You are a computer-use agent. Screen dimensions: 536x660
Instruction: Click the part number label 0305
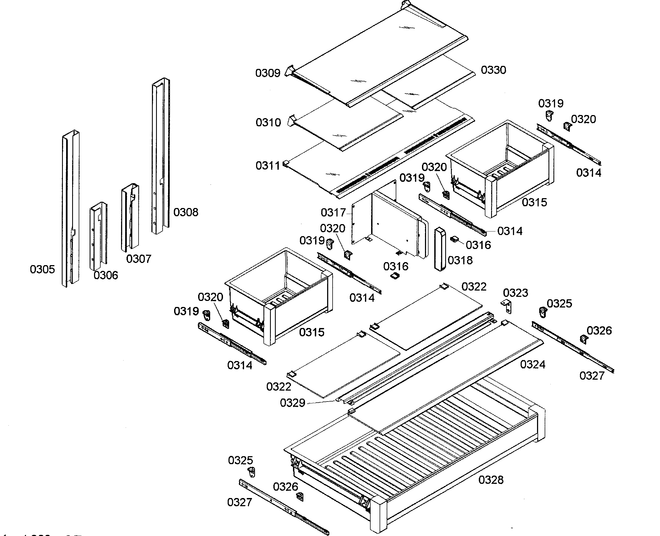(42, 269)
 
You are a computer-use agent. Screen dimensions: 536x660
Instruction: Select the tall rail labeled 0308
(160, 154)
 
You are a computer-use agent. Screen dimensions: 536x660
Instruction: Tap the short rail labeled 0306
(98, 236)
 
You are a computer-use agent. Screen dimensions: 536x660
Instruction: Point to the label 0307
(139, 259)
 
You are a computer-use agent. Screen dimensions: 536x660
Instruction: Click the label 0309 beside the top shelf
(268, 73)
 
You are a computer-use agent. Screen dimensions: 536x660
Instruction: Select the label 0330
(493, 70)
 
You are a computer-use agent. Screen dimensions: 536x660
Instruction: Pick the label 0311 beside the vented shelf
(268, 166)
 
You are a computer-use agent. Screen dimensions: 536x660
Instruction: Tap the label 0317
(333, 213)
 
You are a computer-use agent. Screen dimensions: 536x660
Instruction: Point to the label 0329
(292, 403)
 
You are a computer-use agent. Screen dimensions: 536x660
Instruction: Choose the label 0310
(268, 122)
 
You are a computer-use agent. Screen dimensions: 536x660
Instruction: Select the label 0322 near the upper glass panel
(474, 286)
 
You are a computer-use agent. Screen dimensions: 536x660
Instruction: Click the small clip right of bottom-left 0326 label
(300, 496)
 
